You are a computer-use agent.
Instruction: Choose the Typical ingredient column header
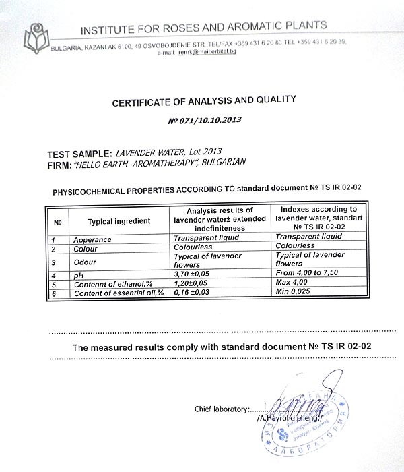coord(119,220)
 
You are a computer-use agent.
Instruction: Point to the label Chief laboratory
coord(221,409)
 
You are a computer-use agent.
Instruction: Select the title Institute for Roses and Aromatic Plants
coord(203,28)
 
